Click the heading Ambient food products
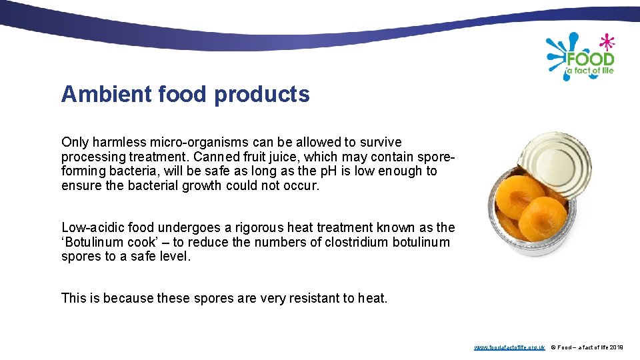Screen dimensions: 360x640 tap(185, 95)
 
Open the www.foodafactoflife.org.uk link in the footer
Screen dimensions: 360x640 tap(509, 347)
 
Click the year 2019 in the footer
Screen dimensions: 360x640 tap(617, 347)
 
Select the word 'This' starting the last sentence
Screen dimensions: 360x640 tap(73, 298)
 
